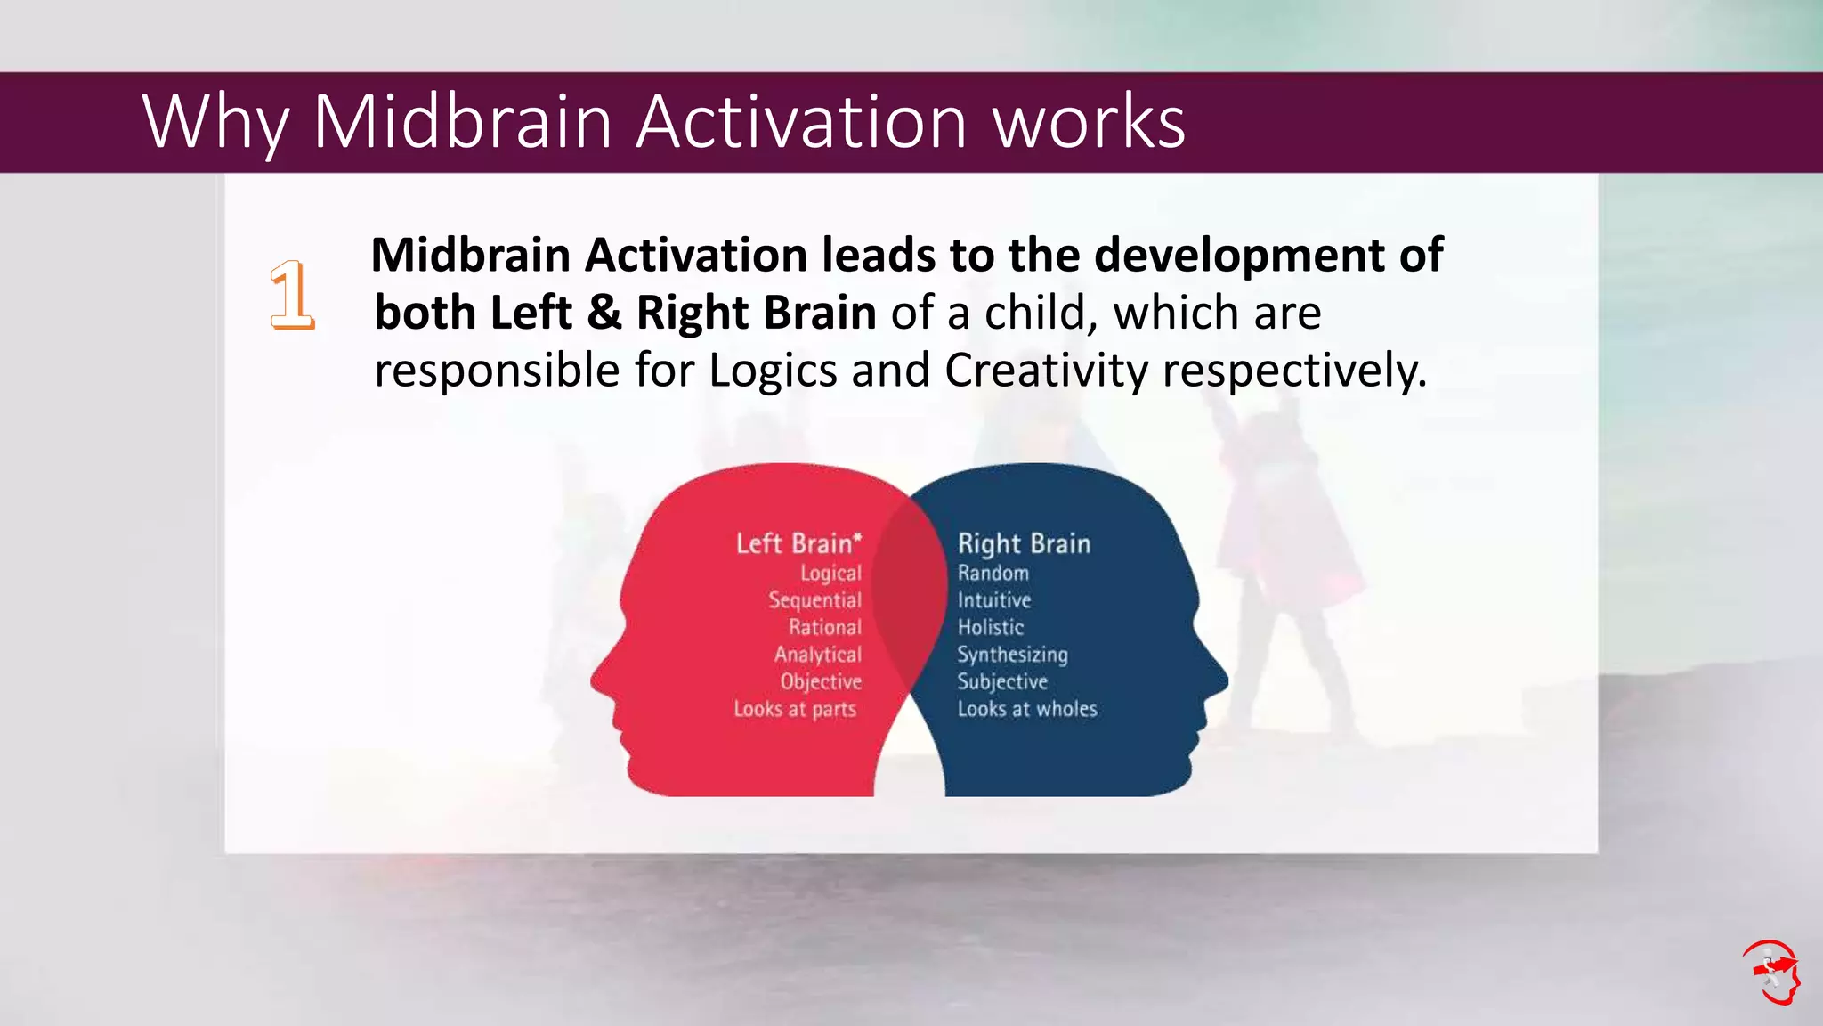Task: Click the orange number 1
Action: pos(292,296)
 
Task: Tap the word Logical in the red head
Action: pos(830,574)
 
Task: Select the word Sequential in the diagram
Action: pos(814,600)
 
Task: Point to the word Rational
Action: pos(824,628)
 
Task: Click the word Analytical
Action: pos(817,655)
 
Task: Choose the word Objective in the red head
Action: pos(821,682)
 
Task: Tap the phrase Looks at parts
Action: pos(795,709)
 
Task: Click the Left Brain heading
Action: pos(798,543)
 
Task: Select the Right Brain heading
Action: pos(1024,543)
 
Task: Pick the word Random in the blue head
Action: pos(993,574)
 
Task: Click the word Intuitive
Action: pos(993,600)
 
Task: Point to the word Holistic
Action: pos(990,628)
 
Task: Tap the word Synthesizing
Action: pos(1012,655)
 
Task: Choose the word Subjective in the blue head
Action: pos(1002,682)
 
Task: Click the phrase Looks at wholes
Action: pos(1027,709)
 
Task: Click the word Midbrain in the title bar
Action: pos(462,121)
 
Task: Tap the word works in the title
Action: pos(1088,121)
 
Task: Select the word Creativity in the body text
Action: pos(1046,370)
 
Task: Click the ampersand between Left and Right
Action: pos(604,313)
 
